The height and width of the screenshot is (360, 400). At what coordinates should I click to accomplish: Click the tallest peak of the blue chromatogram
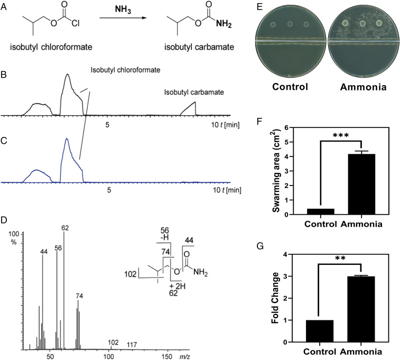(67, 141)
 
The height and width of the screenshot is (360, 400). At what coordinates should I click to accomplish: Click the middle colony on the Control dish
(290, 24)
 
